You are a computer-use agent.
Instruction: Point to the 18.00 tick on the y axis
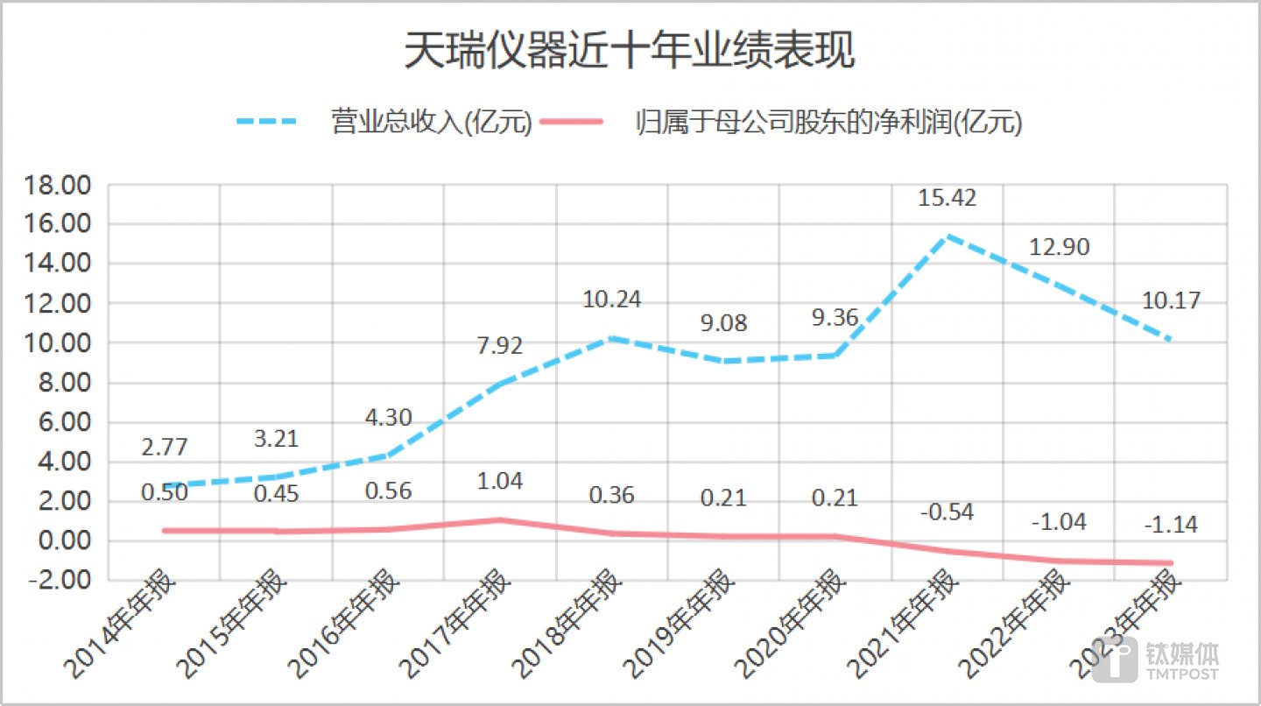click(x=60, y=185)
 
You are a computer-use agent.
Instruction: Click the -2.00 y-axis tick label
click(x=60, y=580)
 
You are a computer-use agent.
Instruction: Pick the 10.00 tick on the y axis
click(x=60, y=343)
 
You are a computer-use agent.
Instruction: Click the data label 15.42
click(x=947, y=198)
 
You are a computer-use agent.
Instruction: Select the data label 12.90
click(x=1060, y=248)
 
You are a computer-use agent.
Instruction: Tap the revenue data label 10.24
click(x=611, y=300)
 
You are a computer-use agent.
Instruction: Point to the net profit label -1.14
click(x=1170, y=526)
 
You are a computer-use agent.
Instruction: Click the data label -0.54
click(x=947, y=511)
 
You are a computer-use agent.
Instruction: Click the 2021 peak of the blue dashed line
click(x=947, y=236)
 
